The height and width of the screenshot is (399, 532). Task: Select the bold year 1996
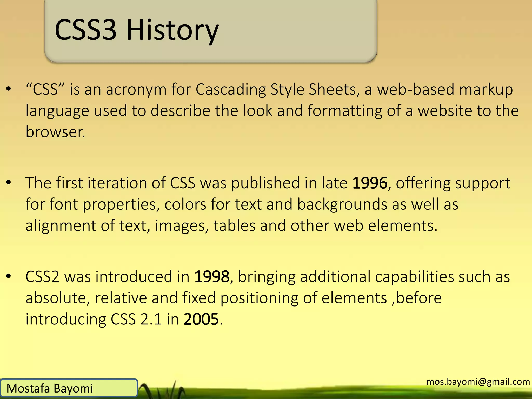click(x=370, y=183)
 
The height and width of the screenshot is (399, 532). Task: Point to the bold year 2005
click(x=201, y=319)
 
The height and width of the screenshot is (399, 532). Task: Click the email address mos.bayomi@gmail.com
click(x=478, y=382)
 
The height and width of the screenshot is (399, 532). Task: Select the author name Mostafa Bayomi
click(x=50, y=389)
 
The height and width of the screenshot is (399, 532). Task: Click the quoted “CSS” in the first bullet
click(x=45, y=89)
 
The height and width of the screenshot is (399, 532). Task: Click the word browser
click(x=55, y=132)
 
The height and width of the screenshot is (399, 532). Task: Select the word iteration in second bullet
click(x=117, y=183)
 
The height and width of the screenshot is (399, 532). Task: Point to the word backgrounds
click(x=342, y=205)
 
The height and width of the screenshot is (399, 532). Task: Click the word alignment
click(x=61, y=226)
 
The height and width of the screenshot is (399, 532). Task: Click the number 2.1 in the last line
click(x=151, y=319)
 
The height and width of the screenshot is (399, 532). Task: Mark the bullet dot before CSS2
click(x=9, y=276)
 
